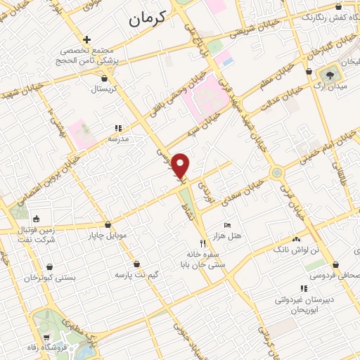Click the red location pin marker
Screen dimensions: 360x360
(181, 166)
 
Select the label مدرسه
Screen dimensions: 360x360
(117, 140)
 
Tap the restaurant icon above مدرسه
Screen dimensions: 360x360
(118, 129)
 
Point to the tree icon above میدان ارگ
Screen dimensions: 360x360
(330, 74)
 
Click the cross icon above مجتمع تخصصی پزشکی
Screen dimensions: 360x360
(86, 40)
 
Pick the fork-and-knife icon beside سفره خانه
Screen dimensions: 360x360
(203, 243)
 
